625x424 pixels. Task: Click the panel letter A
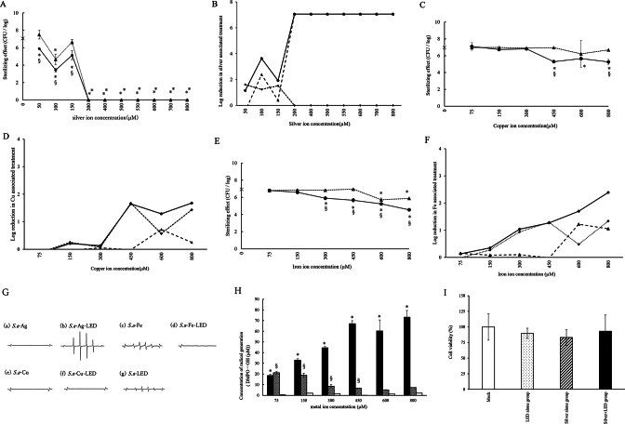click(7, 6)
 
